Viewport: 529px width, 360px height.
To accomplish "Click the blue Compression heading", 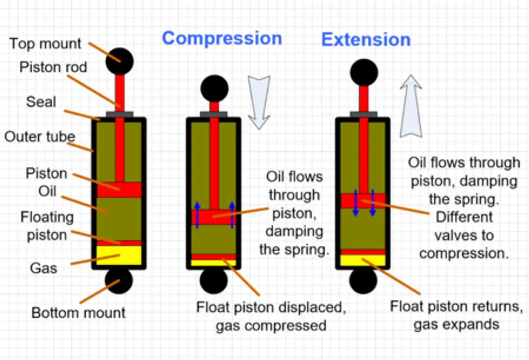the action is click(222, 39).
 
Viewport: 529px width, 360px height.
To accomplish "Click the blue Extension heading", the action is click(366, 40).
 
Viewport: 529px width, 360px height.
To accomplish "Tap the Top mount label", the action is click(45, 44).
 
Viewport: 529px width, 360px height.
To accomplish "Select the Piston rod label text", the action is click(53, 67).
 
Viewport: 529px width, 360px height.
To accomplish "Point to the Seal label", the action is click(41, 102).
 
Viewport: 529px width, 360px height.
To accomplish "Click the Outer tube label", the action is click(40, 137).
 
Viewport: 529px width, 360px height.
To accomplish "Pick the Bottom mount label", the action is click(78, 313).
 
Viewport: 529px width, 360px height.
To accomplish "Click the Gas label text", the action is click(44, 268).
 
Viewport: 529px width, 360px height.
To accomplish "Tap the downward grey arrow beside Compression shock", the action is click(259, 102).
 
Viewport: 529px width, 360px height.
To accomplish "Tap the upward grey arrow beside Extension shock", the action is click(411, 106).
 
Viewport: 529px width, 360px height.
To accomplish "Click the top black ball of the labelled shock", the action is click(119, 61).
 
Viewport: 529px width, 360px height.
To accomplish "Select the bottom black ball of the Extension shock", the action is click(363, 280).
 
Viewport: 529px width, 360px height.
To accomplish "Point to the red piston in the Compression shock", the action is click(213, 217).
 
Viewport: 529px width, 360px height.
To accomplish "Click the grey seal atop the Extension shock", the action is click(363, 114).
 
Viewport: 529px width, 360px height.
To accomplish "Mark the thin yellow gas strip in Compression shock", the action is click(213, 262).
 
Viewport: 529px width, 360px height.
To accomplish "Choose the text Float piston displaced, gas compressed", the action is click(272, 316).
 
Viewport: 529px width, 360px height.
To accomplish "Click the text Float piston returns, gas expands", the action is click(456, 315).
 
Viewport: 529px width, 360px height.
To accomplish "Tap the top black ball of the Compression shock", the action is click(214, 89).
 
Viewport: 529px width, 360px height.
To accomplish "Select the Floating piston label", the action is click(47, 226).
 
